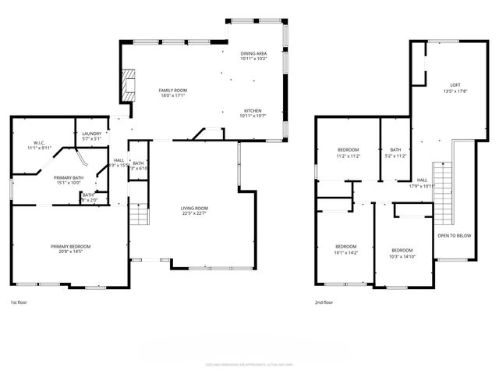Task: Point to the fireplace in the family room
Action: click(128, 85)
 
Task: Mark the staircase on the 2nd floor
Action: click(441, 188)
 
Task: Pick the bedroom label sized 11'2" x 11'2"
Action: click(348, 152)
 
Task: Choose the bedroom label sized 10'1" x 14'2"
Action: click(345, 248)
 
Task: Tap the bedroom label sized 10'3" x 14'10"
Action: click(402, 252)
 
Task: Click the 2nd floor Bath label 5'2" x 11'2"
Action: click(396, 152)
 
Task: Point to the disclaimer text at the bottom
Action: click(249, 363)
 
